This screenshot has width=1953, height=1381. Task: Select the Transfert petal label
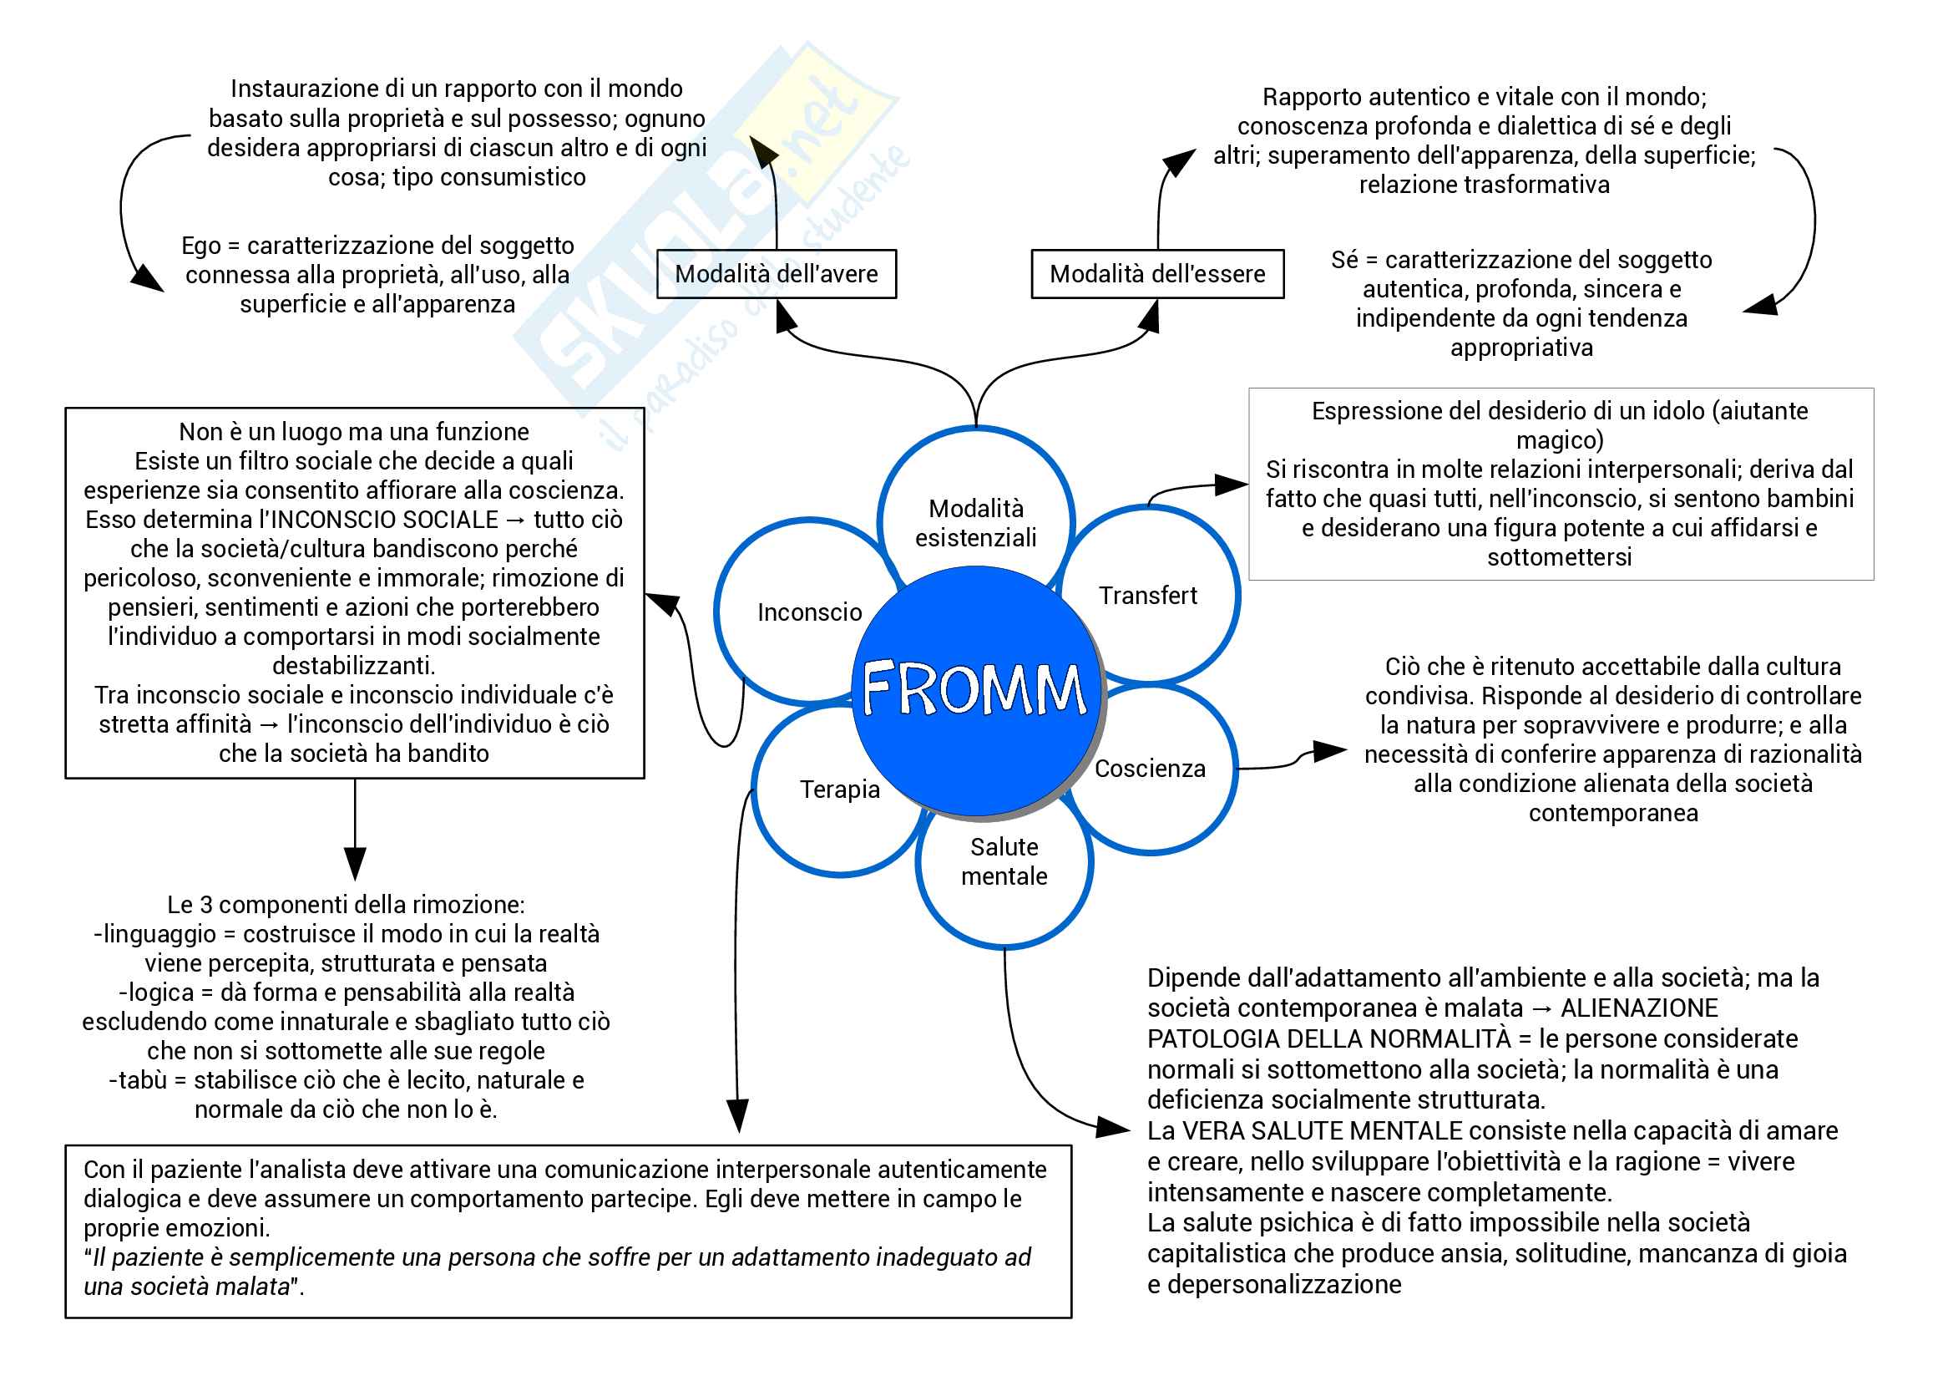tap(1147, 596)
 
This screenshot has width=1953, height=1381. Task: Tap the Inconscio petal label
tap(809, 612)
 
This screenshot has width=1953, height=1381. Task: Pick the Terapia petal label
tap(839, 790)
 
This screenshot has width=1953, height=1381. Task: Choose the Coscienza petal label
tap(1150, 769)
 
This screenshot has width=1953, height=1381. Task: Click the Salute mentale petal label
tap(1004, 861)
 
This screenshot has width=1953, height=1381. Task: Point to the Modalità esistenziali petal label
tap(975, 523)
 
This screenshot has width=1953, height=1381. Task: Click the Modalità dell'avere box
tap(776, 274)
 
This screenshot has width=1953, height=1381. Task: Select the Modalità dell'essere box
tap(1156, 274)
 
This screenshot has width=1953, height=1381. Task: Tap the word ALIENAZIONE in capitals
tap(1639, 1008)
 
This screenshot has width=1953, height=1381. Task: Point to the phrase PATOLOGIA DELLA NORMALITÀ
tap(1328, 1039)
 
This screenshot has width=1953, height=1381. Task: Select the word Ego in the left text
tap(200, 246)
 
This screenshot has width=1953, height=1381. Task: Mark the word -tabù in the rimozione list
tap(138, 1080)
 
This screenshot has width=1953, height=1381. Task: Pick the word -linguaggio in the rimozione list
tap(154, 934)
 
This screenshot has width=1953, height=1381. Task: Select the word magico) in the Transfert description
tap(1559, 441)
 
